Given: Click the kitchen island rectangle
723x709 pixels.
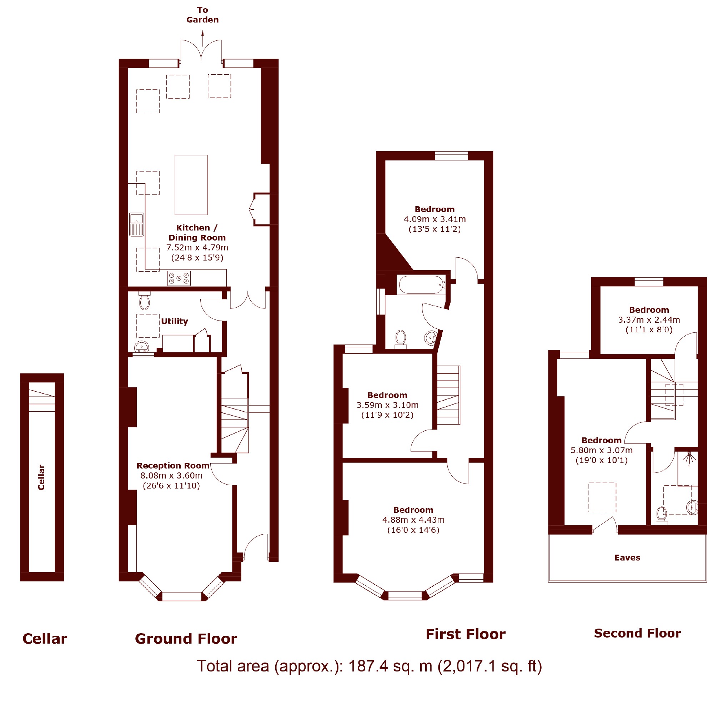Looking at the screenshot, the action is point(191,185).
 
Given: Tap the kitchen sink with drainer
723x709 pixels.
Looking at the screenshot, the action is point(136,224).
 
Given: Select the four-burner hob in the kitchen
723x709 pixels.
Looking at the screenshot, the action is point(179,278).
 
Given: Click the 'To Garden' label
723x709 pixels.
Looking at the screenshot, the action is point(202,15).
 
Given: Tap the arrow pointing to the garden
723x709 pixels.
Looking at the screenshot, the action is point(202,38).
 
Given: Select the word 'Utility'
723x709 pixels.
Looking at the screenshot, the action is point(174,321).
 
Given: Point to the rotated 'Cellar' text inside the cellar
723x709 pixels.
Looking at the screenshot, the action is point(41,477).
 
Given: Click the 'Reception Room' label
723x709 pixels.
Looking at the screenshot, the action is point(173,466).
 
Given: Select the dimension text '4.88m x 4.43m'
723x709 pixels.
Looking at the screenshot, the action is point(413,520).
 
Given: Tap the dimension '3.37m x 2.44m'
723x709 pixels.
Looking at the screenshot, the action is point(649,319).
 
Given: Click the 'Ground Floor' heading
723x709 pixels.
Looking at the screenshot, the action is point(186,639).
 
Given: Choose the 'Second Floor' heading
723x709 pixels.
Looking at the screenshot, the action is point(637,633).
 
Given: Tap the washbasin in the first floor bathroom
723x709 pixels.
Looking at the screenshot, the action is point(431,338).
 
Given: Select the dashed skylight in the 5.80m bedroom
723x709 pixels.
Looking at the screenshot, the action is point(602,497).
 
